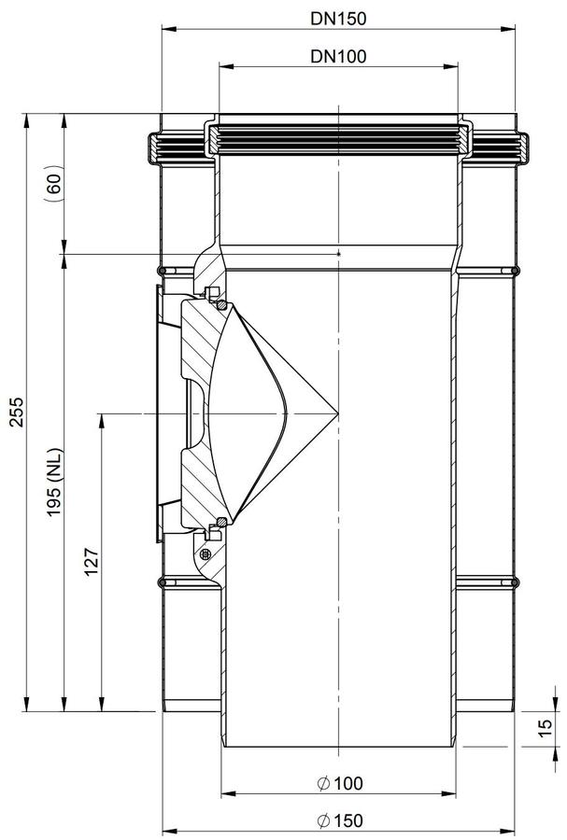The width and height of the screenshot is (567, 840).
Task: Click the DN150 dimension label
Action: click(x=338, y=19)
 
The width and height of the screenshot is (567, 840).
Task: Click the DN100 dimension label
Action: click(x=338, y=56)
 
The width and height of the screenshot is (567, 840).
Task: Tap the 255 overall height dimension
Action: click(x=18, y=412)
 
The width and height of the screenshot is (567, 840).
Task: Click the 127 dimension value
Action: click(x=92, y=562)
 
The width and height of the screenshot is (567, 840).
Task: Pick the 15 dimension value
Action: click(x=545, y=727)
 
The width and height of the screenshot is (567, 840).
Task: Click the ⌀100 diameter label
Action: click(x=340, y=783)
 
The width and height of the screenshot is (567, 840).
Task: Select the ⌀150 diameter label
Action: click(x=340, y=820)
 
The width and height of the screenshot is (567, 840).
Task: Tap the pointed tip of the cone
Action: click(x=338, y=413)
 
